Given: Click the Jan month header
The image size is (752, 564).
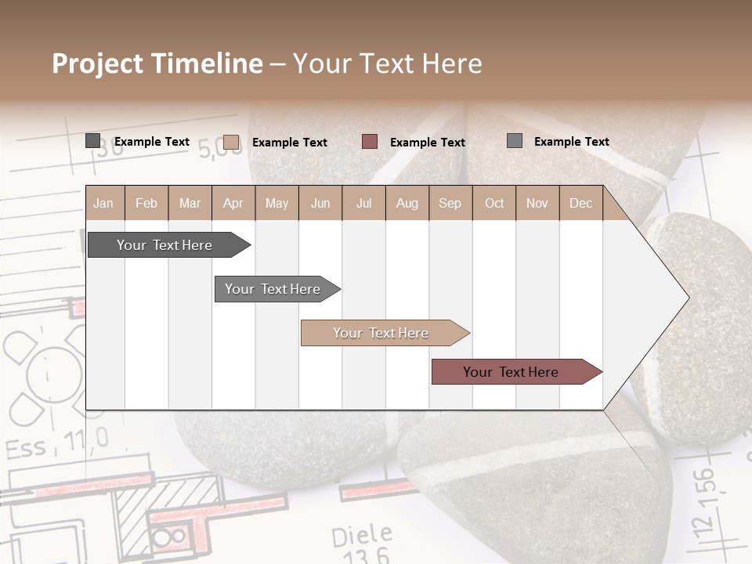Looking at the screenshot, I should pyautogui.click(x=103, y=203).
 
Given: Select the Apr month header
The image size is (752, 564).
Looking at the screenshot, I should pyautogui.click(x=233, y=203).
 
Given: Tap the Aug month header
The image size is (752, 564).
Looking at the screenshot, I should pyautogui.click(x=407, y=203).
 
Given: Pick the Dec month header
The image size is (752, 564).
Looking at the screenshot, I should pyautogui.click(x=580, y=203).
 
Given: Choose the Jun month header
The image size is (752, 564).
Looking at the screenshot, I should pyautogui.click(x=320, y=203).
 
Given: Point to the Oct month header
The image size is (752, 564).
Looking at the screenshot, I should pyautogui.click(x=494, y=203).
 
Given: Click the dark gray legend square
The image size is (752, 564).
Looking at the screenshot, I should pyautogui.click(x=93, y=141).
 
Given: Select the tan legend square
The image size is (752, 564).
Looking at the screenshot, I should pyautogui.click(x=231, y=142).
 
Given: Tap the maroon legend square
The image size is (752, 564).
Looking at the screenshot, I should pyautogui.click(x=370, y=142).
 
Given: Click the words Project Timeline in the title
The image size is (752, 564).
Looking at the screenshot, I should pyautogui.click(x=157, y=63).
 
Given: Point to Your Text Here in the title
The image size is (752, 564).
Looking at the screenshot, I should pyautogui.click(x=388, y=63).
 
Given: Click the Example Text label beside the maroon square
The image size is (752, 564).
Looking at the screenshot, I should pyautogui.click(x=428, y=143).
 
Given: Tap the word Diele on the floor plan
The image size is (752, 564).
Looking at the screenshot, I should pyautogui.click(x=361, y=537).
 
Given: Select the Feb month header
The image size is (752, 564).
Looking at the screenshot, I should pyautogui.click(x=146, y=203).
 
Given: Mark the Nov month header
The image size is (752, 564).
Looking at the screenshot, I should pyautogui.click(x=537, y=203).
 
